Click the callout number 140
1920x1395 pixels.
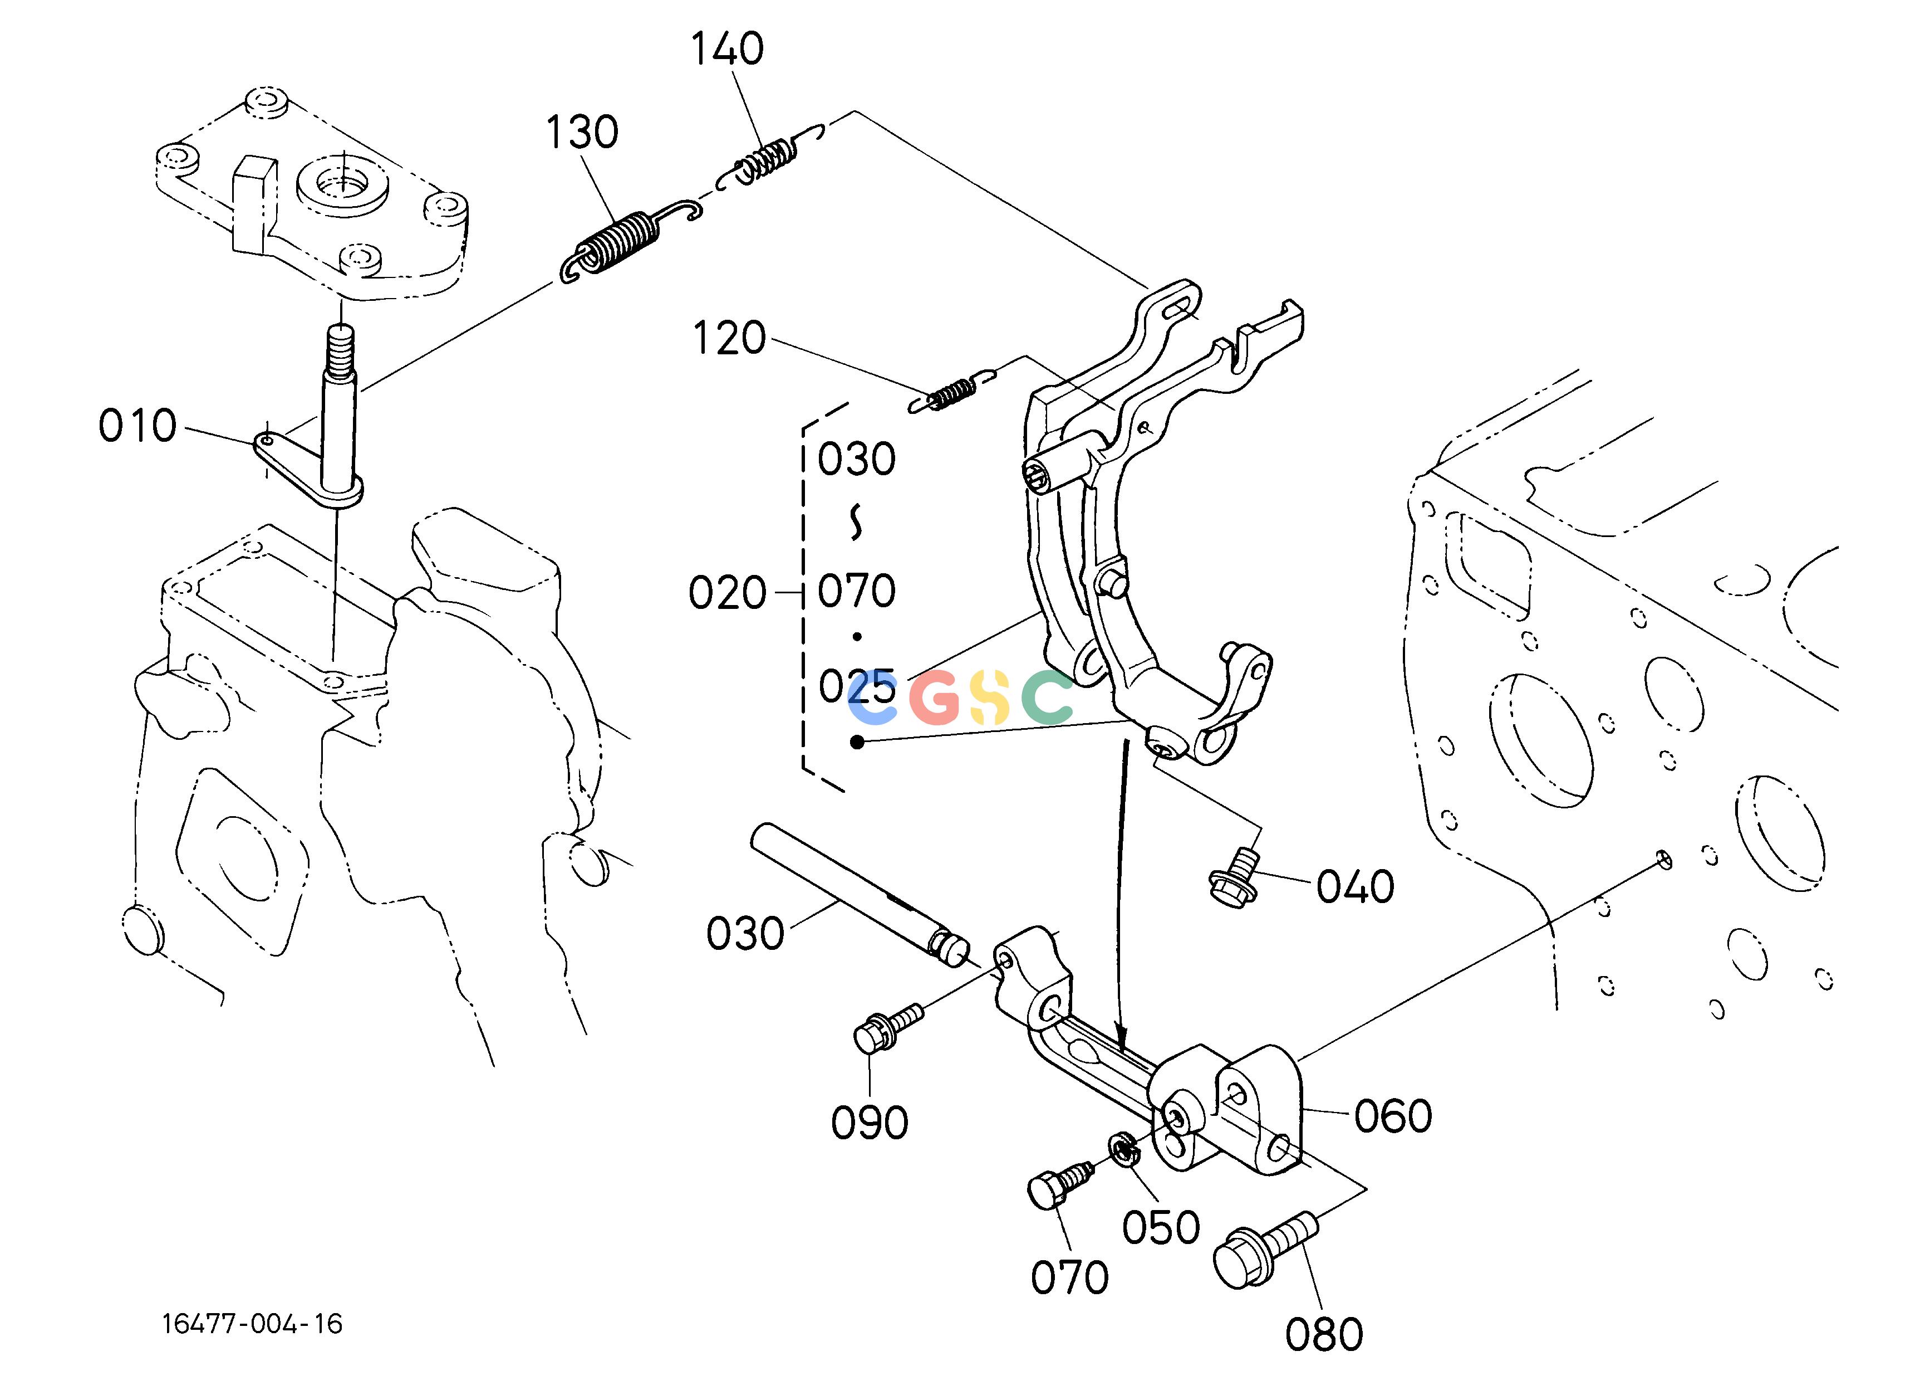tap(727, 49)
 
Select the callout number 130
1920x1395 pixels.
tap(582, 132)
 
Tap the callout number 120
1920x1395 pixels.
tap(729, 339)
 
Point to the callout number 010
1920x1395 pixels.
tap(137, 425)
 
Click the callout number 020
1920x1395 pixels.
tap(727, 593)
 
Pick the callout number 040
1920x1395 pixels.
tap(1354, 887)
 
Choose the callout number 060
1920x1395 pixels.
tap(1393, 1116)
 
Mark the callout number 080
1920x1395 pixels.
tap(1324, 1335)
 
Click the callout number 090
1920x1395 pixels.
tap(870, 1123)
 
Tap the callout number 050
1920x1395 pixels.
tap(1161, 1227)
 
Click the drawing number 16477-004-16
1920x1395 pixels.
tap(252, 1324)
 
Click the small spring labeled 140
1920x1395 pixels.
tap(770, 156)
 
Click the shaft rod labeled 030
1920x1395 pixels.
tap(861, 894)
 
